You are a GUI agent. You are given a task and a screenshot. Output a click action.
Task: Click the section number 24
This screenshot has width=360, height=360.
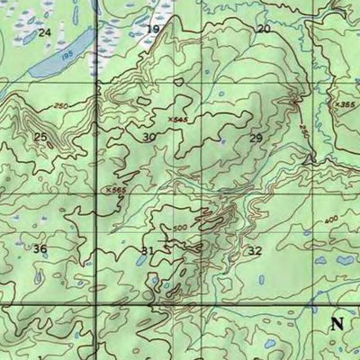pyautogui.click(x=44, y=32)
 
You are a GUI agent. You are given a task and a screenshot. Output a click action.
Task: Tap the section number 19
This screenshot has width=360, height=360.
pyautogui.click(x=153, y=30)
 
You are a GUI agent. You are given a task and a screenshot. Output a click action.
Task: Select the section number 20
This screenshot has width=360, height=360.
pyautogui.click(x=264, y=29)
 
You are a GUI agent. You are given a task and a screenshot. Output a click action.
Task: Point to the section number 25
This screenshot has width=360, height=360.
pyautogui.click(x=40, y=137)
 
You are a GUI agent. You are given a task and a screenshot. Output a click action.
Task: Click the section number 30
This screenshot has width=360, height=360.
pyautogui.click(x=148, y=137)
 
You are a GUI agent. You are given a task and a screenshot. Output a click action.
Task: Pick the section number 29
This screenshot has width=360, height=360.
pyautogui.click(x=256, y=138)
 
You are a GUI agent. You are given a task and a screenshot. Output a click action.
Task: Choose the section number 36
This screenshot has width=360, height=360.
pyautogui.click(x=40, y=248)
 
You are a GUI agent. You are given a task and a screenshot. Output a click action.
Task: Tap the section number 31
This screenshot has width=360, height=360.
pyautogui.click(x=148, y=249)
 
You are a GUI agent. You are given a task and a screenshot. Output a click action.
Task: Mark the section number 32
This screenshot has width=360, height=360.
pyautogui.click(x=255, y=250)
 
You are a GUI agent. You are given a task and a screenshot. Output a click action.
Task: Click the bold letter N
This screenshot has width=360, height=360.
pyautogui.click(x=337, y=325)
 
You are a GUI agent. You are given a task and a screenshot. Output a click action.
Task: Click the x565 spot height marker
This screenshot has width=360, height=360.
pyautogui.click(x=113, y=190)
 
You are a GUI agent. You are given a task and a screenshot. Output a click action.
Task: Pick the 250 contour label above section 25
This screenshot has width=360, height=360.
pyautogui.click(x=60, y=106)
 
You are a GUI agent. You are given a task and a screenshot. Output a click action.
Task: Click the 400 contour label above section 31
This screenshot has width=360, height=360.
pyautogui.click(x=180, y=226)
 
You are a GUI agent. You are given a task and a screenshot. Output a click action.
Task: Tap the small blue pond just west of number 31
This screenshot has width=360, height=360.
pyautogui.click(x=138, y=261)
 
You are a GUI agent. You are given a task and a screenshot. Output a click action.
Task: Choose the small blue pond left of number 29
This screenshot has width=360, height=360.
pyautogui.click(x=222, y=140)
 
